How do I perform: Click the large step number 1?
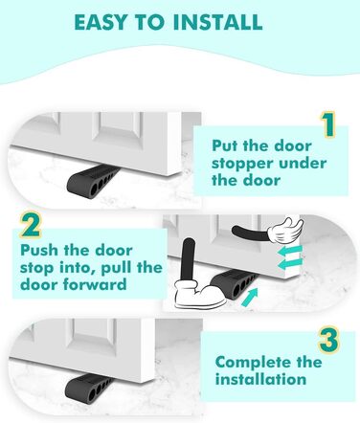tap(327, 124)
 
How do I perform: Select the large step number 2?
tap(31, 225)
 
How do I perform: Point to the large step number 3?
tap(328, 341)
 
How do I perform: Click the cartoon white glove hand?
tap(285, 231)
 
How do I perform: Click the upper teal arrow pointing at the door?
tap(290, 252)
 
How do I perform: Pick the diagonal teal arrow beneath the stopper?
tap(250, 298)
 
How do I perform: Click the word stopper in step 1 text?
tap(238, 164)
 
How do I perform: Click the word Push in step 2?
tap(39, 250)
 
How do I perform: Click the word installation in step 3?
tap(260, 379)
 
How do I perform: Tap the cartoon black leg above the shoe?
tap(189, 259)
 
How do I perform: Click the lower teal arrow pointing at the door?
tap(290, 264)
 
